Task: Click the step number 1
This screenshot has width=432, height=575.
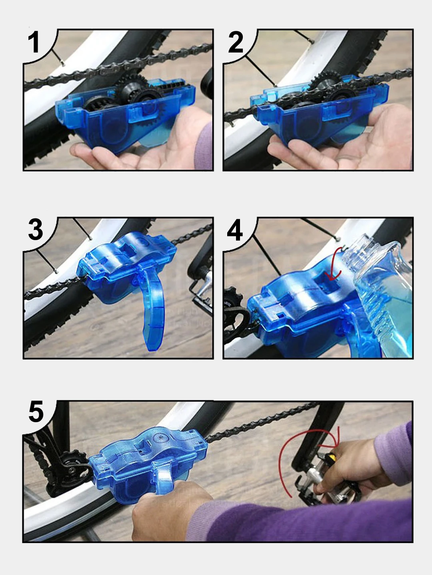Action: pyautogui.click(x=34, y=42)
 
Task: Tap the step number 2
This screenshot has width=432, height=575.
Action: pyautogui.click(x=236, y=42)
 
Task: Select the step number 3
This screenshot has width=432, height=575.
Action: pyautogui.click(x=36, y=230)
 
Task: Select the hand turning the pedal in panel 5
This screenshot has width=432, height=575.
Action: pyautogui.click(x=349, y=469)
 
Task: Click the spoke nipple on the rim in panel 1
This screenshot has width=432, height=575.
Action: pyautogui.click(x=62, y=63)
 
